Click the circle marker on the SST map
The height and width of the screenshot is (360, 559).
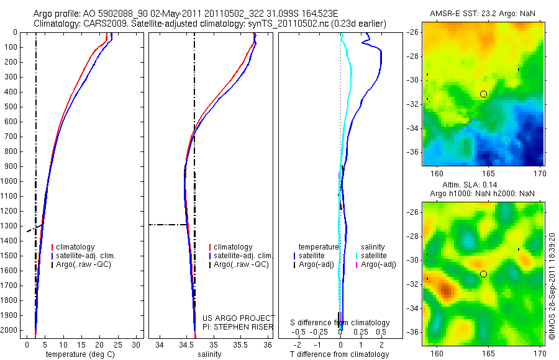coord(483,94)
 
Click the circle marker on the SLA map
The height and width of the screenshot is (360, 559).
coord(483,274)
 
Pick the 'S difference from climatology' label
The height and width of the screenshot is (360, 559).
coord(340,323)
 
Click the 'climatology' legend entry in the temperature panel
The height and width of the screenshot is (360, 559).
coord(75,247)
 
